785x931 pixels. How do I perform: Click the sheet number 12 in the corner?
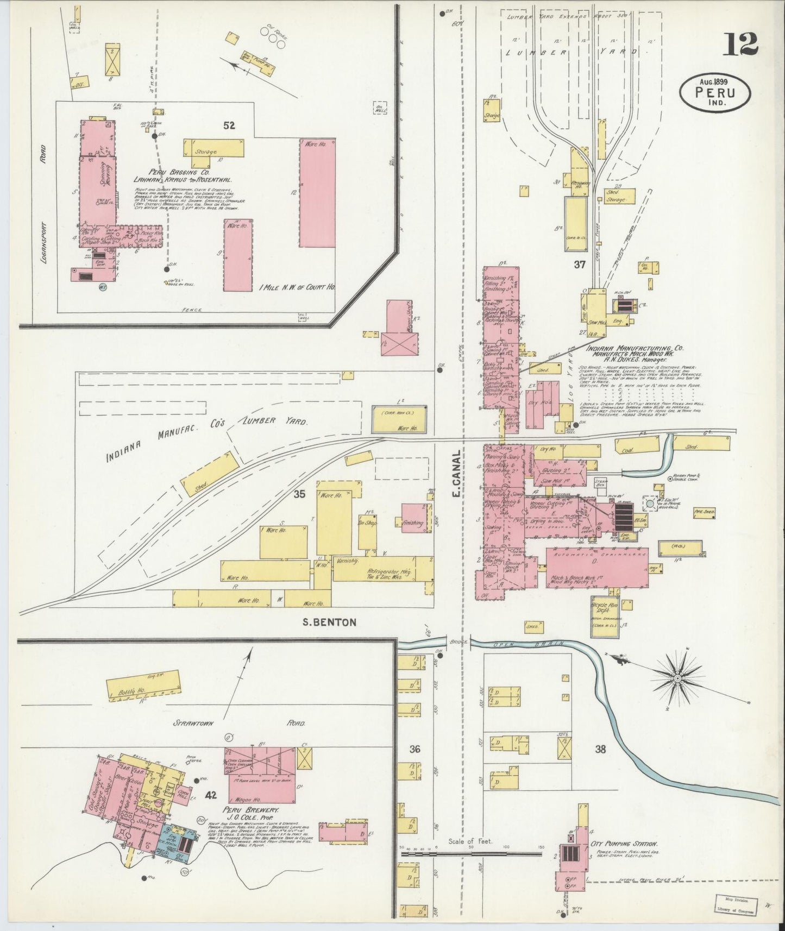tap(740, 43)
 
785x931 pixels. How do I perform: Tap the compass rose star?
tap(678, 678)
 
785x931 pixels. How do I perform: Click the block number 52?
tap(229, 125)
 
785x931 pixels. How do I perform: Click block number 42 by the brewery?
tap(211, 795)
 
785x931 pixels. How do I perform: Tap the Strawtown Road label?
tap(239, 723)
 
